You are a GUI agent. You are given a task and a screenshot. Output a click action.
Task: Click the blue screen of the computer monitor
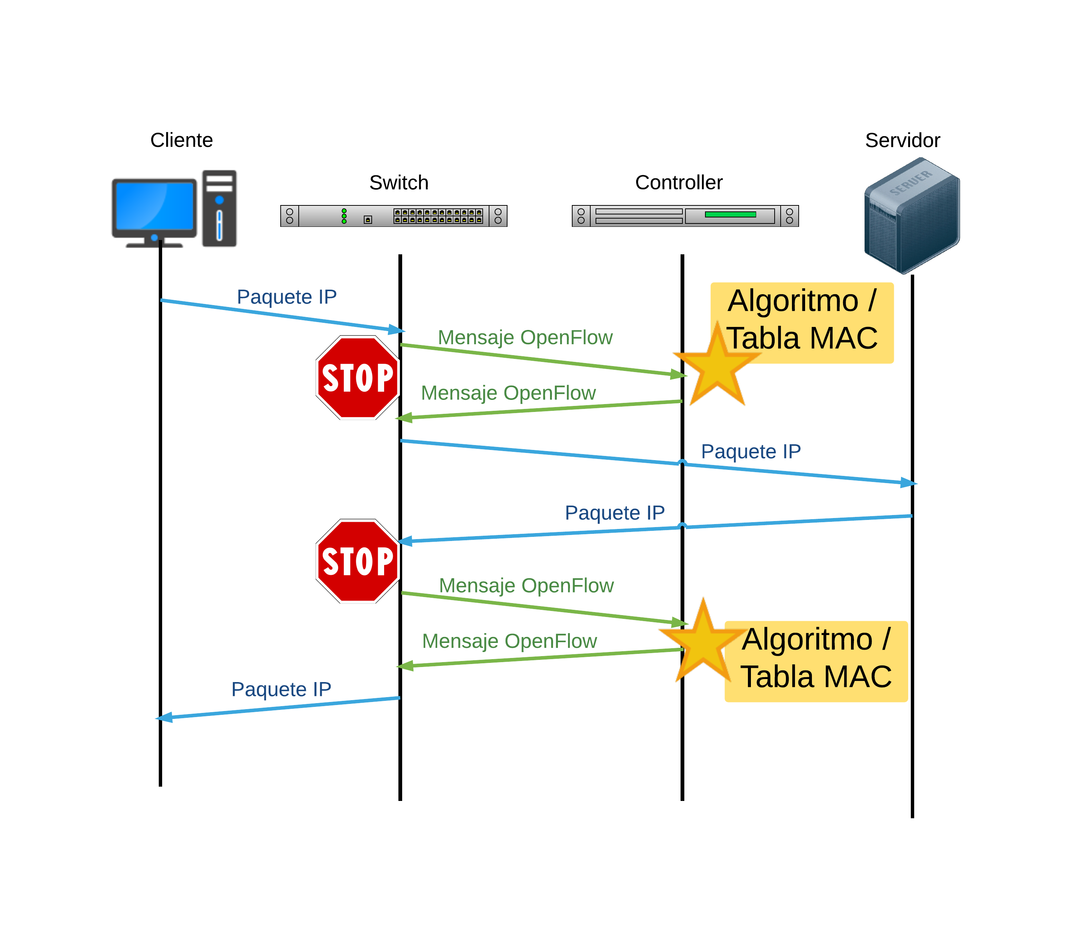click(x=154, y=206)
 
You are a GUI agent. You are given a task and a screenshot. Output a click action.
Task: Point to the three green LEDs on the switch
click(x=344, y=216)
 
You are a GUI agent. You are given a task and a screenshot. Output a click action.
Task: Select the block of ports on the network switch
click(x=438, y=216)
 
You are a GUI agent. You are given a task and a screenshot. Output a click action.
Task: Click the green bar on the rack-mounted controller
click(x=730, y=214)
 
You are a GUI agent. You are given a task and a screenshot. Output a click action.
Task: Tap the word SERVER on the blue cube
click(x=910, y=183)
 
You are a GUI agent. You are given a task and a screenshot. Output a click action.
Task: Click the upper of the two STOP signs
click(x=358, y=377)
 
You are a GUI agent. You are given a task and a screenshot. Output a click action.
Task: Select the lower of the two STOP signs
click(x=358, y=561)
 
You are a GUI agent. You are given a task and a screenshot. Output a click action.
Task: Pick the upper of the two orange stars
click(x=717, y=366)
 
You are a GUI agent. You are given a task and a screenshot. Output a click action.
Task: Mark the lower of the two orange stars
click(x=703, y=641)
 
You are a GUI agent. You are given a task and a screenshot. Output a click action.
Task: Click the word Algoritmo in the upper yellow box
click(x=793, y=301)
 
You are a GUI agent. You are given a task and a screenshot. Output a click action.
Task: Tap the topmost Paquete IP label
click(x=287, y=297)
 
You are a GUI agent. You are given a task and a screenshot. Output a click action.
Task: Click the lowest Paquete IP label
click(x=281, y=689)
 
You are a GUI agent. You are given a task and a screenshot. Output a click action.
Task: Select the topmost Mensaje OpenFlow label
click(x=525, y=337)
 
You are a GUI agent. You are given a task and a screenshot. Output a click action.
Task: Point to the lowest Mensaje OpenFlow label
click(x=509, y=641)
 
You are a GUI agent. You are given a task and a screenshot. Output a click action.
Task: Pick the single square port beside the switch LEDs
click(x=368, y=219)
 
